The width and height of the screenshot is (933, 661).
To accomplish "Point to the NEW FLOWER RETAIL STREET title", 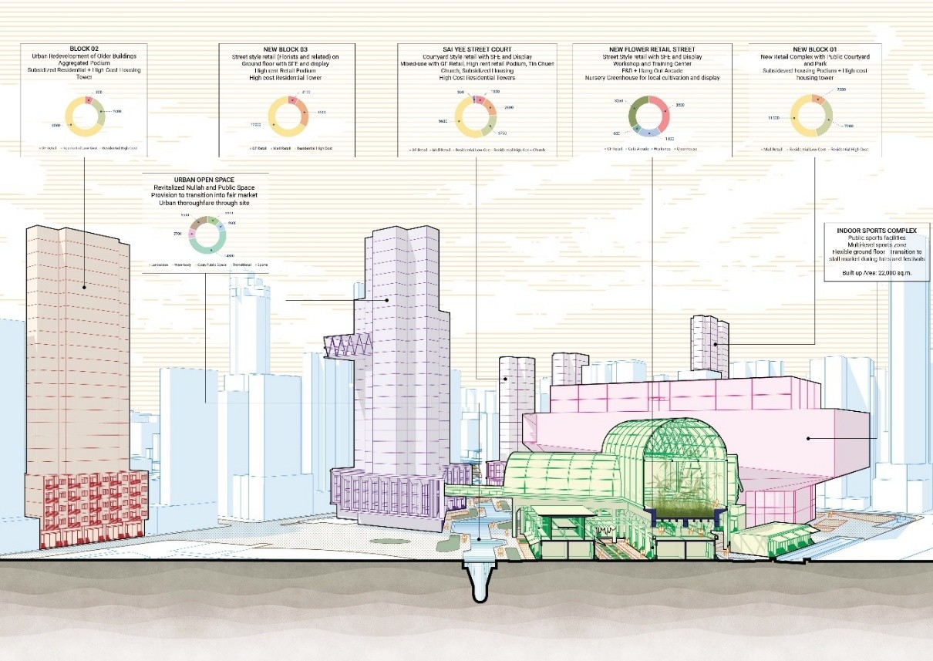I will point(651,49).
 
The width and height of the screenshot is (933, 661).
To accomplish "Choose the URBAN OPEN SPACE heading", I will point(205,179).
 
